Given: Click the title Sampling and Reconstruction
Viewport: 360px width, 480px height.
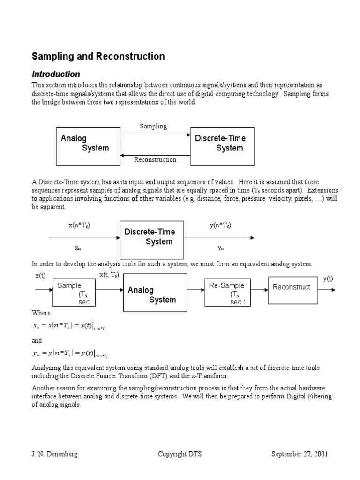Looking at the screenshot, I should coord(98,57).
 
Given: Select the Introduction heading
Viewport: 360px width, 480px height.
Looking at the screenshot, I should coord(56,74).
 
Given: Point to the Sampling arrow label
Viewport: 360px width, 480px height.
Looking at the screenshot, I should coord(153,127).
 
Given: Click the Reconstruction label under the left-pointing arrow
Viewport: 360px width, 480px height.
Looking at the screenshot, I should coord(155,160).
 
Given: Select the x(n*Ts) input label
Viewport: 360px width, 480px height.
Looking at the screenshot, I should coord(79,225).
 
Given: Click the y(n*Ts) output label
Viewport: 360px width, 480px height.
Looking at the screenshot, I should coord(220,225).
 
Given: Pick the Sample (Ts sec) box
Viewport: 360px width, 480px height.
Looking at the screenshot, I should coord(75,293).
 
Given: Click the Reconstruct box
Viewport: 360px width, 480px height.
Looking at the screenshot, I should coord(292,287).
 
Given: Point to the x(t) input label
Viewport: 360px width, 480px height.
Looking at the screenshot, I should coord(40,276).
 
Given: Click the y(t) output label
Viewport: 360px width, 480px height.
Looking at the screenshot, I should coord(328,278).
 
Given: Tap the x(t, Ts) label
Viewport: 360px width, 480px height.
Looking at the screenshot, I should coord(109,275).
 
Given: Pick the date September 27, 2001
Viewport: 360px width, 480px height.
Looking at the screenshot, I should coord(300,454).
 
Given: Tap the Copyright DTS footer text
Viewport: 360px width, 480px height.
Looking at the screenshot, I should coord(180,454).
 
